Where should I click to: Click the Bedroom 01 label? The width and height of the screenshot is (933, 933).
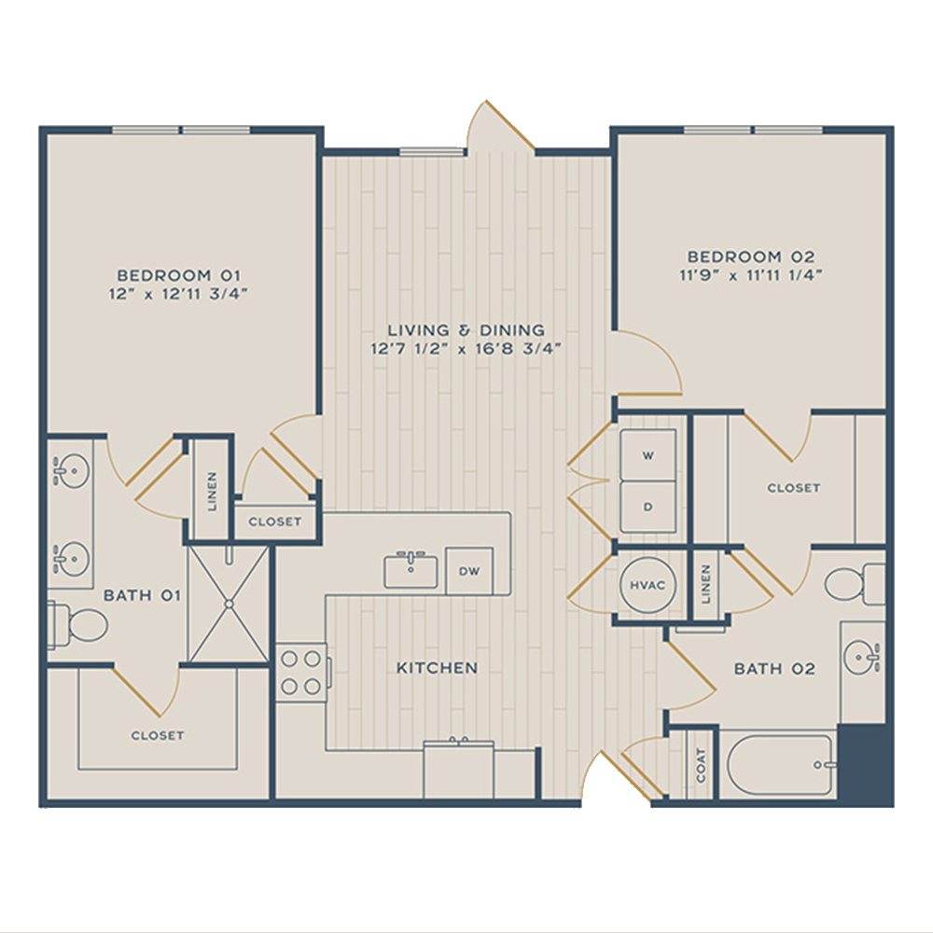point(178,275)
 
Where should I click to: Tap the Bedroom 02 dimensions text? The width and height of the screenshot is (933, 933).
point(751,275)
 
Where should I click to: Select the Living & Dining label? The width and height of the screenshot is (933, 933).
point(466,330)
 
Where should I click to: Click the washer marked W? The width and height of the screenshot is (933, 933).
point(648,455)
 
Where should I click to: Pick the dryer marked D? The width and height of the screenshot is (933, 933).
point(648,507)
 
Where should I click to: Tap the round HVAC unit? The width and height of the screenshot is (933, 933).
point(648,585)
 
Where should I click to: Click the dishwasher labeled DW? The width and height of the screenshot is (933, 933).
point(469,571)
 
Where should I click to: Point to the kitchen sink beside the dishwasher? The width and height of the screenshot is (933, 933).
point(411,570)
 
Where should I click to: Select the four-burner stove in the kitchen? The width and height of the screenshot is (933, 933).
point(301,673)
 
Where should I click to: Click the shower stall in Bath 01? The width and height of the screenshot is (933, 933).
point(229,604)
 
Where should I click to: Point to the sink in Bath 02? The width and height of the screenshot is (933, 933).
point(862,657)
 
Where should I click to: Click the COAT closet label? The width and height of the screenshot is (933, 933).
point(701,765)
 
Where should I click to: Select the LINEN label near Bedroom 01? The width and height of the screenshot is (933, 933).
point(212,492)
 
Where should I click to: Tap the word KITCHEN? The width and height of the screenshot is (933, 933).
point(438,668)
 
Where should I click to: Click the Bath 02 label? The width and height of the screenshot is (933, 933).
point(774,669)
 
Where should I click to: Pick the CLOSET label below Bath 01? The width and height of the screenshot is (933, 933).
point(158,735)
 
